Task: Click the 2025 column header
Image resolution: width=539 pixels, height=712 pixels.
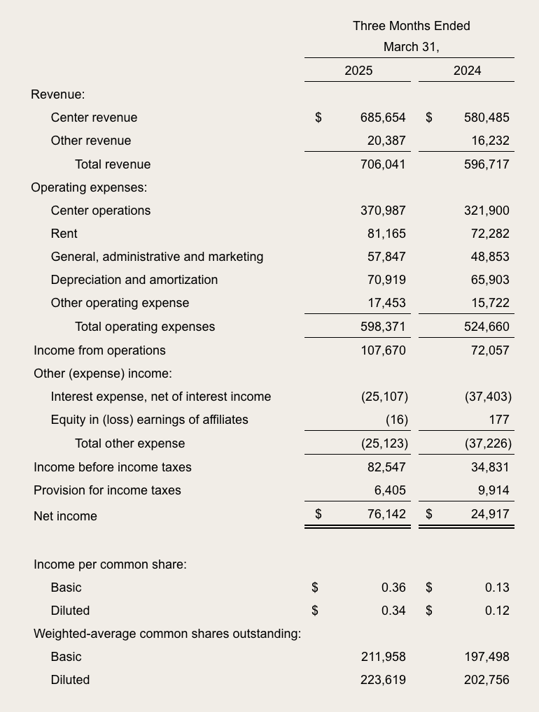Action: point(358,71)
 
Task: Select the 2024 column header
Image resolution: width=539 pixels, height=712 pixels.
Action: point(467,71)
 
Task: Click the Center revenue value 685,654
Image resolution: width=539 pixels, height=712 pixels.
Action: point(383,118)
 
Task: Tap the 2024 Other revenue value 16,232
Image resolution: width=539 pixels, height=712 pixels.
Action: point(490,141)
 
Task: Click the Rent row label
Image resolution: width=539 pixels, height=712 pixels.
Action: point(64,234)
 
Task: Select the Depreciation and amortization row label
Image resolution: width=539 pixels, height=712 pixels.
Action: point(134,280)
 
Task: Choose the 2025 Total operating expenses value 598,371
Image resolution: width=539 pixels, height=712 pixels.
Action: point(383,327)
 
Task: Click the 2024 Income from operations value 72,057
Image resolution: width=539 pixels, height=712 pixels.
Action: point(490,350)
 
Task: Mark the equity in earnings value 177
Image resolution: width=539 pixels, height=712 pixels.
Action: point(499,420)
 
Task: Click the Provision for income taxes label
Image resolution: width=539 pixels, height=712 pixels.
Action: point(107,490)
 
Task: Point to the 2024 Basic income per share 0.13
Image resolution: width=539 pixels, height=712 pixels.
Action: point(497,588)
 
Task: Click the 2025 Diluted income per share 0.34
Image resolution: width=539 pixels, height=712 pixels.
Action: point(393,611)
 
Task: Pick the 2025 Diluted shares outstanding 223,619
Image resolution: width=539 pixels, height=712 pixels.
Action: point(383,680)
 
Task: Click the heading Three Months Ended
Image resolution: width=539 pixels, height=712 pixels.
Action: point(412,26)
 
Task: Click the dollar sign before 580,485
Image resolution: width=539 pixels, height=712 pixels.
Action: point(429,118)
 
